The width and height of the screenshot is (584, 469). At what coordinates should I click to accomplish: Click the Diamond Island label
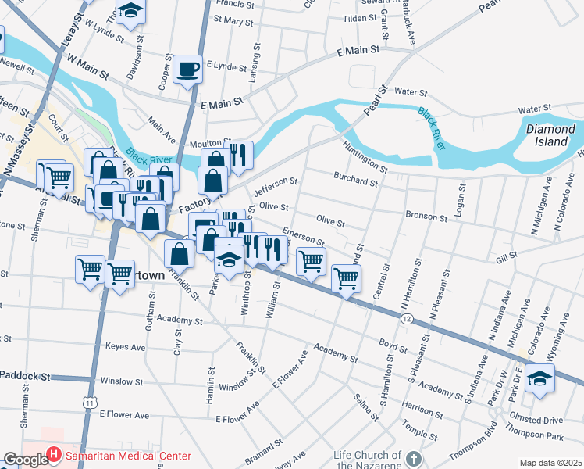[550, 135]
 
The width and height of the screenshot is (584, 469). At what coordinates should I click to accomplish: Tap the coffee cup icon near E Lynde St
[187, 68]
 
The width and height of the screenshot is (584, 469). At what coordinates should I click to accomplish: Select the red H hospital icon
[53, 454]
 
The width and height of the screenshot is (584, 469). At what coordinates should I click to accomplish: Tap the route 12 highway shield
[407, 319]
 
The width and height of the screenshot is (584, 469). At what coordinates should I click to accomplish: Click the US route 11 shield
[92, 402]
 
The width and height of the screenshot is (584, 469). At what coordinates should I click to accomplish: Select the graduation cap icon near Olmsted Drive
[538, 378]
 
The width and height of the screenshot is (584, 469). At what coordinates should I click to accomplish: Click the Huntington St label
[364, 156]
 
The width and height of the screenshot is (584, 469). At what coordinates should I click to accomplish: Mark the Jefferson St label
[276, 186]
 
